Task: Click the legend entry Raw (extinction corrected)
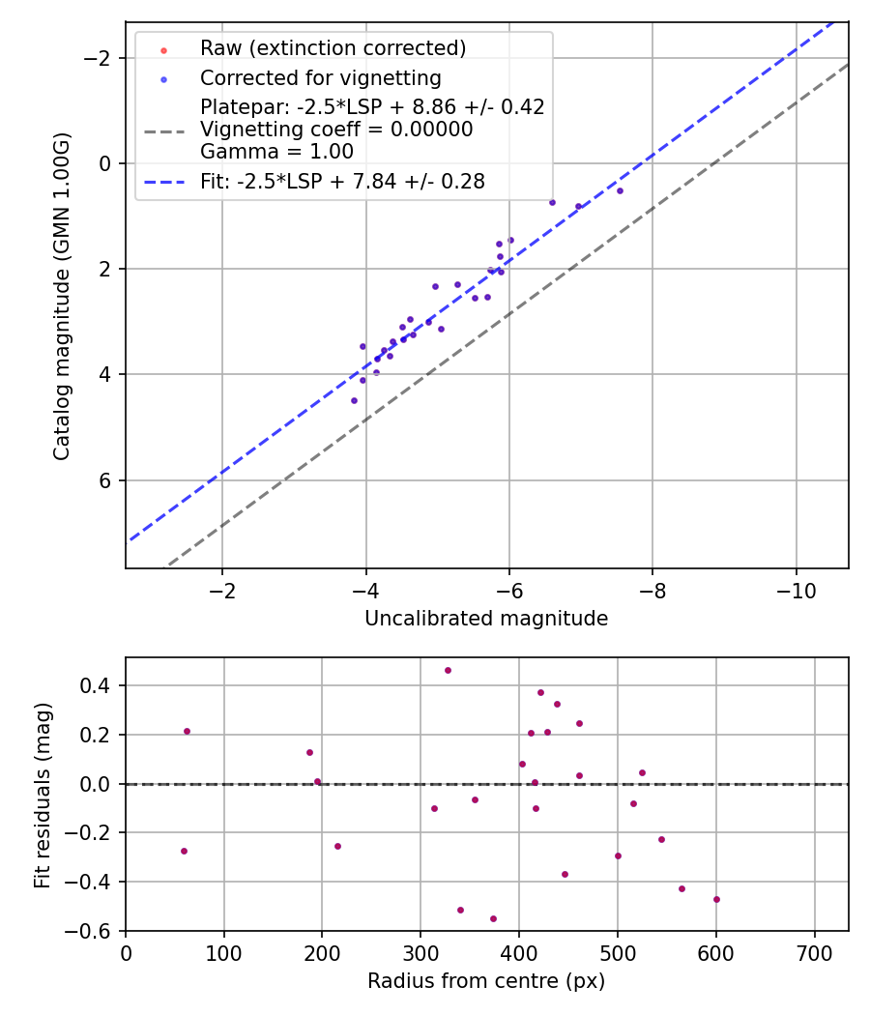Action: pos(333,48)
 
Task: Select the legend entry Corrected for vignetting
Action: pos(320,78)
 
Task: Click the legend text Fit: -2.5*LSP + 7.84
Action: pos(342,182)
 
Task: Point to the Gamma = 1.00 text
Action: pos(276,152)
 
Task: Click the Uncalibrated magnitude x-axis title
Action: pos(486,619)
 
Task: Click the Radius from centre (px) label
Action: pos(486,981)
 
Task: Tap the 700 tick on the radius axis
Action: pos(815,954)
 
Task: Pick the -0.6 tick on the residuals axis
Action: pos(95,931)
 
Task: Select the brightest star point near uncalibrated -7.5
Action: pos(620,190)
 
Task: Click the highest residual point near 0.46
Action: pos(448,670)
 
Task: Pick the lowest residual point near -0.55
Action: pos(493,918)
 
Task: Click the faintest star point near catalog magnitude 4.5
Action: pos(354,400)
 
